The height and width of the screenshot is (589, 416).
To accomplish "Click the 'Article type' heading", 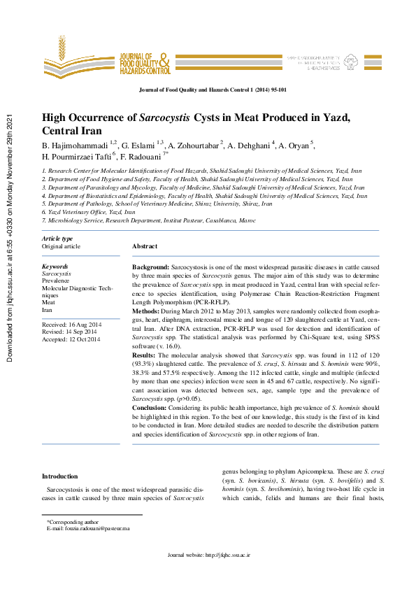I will (x=57, y=239).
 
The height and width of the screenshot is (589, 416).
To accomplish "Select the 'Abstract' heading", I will (x=145, y=247).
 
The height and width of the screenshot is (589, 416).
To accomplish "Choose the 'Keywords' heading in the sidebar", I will (x=55, y=267).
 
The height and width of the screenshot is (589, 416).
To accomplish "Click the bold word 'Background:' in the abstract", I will (x=150, y=268).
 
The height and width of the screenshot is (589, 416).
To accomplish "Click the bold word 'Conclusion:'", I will (x=150, y=407).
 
